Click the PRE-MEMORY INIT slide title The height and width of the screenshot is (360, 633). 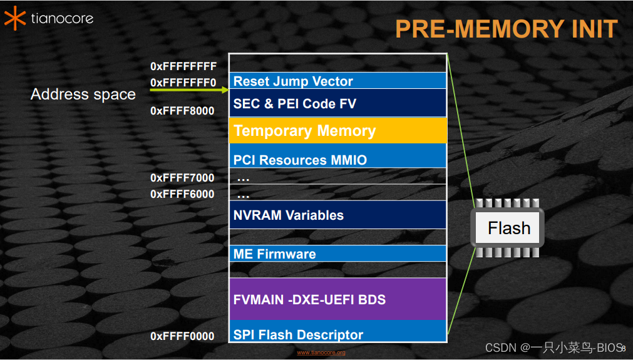click(506, 29)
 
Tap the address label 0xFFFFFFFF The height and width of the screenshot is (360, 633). click(183, 66)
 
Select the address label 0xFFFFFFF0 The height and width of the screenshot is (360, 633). click(183, 83)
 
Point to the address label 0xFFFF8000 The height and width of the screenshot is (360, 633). click(182, 111)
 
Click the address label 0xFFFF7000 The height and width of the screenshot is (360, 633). click(182, 178)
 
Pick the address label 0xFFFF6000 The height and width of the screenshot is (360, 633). click(182, 194)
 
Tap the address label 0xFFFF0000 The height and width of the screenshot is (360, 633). click(182, 336)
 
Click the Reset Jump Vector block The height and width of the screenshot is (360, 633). click(337, 81)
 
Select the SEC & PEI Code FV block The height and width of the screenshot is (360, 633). click(337, 103)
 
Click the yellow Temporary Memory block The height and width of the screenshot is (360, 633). click(337, 131)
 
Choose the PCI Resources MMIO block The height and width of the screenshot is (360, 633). click(337, 157)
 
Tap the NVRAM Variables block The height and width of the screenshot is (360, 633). click(337, 215)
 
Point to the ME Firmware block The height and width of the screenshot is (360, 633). click(337, 254)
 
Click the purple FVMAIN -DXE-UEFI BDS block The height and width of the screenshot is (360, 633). click(337, 299)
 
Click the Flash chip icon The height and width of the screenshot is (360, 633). click(508, 228)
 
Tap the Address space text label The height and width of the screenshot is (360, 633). click(83, 95)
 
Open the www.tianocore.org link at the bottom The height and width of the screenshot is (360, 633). click(321, 353)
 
